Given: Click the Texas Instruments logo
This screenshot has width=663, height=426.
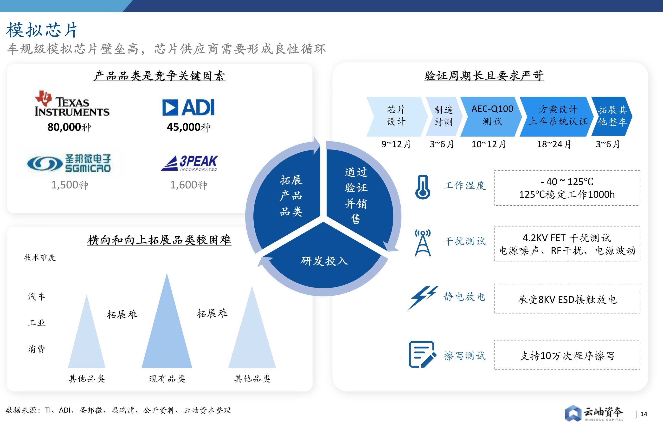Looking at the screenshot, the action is coord(72,103).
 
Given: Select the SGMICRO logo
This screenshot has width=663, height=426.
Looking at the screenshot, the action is coord(69,163).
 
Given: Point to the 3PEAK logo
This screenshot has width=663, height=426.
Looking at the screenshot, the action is coord(189,163).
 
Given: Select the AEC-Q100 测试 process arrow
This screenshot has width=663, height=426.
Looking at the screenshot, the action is coord(491,116).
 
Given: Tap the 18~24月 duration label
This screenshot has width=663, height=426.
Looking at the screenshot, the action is coord(554,144).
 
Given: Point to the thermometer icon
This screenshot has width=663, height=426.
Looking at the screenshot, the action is coord(423,187).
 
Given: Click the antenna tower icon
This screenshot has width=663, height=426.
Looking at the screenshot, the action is coord(423,243).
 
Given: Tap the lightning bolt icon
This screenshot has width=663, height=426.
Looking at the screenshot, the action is coord(423,298).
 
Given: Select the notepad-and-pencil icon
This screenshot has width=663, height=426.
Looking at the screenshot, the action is coord(422,354).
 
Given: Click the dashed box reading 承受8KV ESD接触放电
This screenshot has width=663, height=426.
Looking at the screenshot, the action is coord(567,299).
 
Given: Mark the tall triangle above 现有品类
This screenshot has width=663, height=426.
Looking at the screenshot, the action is coord(167,321).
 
